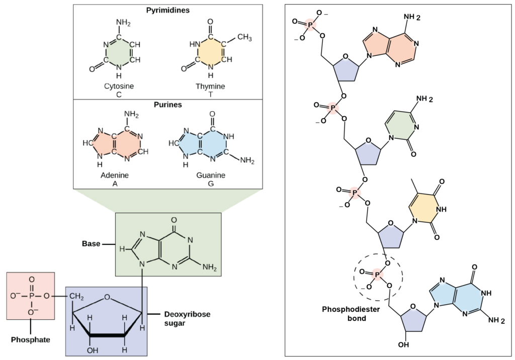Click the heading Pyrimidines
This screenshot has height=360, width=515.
coord(168,10)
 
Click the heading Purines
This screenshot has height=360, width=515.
coord(168,105)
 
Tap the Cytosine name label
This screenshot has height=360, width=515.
coord(119,86)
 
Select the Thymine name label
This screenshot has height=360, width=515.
coord(210,86)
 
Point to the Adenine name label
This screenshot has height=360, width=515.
coord(115,175)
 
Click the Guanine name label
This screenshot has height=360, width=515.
coord(211,175)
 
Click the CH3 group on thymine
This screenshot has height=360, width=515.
coord(244,37)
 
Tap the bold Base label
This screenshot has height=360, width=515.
coord(91,244)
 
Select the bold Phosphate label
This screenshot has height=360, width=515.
coord(31,339)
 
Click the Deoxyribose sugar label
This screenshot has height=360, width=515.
coord(187,319)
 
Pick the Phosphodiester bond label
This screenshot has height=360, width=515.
coord(351,314)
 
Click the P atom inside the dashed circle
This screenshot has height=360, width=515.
coord(377,274)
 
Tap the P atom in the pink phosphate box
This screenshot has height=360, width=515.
coord(32,296)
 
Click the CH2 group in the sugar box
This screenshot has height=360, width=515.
coord(76,297)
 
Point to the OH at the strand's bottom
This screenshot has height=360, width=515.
coord(404,344)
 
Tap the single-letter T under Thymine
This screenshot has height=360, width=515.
coord(211,95)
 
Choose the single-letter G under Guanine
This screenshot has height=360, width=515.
coord(211,184)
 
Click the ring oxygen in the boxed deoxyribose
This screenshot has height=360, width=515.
coord(107,298)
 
